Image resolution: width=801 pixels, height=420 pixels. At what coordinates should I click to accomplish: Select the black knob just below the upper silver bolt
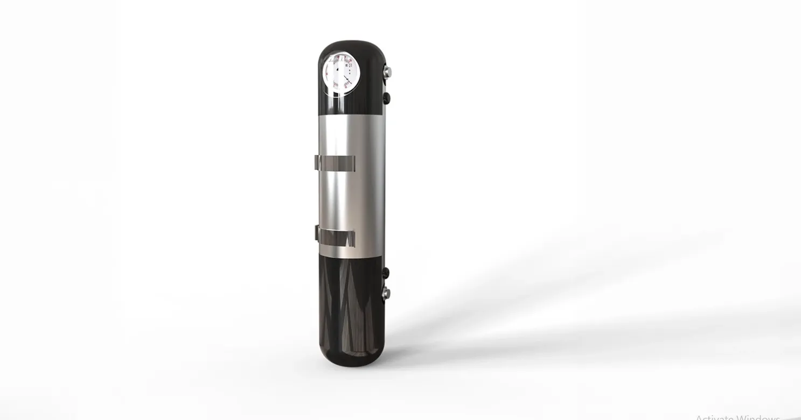pos(386,97)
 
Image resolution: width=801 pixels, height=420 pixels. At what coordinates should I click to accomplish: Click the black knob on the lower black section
pos(385,273)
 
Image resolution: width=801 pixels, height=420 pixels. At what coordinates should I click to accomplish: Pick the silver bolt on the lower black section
pos(386,293)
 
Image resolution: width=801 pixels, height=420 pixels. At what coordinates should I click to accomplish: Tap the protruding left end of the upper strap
pos(317,162)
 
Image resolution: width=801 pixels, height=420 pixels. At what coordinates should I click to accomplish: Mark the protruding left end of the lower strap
pos(317,235)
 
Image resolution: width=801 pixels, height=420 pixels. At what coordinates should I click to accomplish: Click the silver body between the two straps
pos(350,199)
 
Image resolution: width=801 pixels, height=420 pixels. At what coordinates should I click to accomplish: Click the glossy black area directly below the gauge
pos(345,105)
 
